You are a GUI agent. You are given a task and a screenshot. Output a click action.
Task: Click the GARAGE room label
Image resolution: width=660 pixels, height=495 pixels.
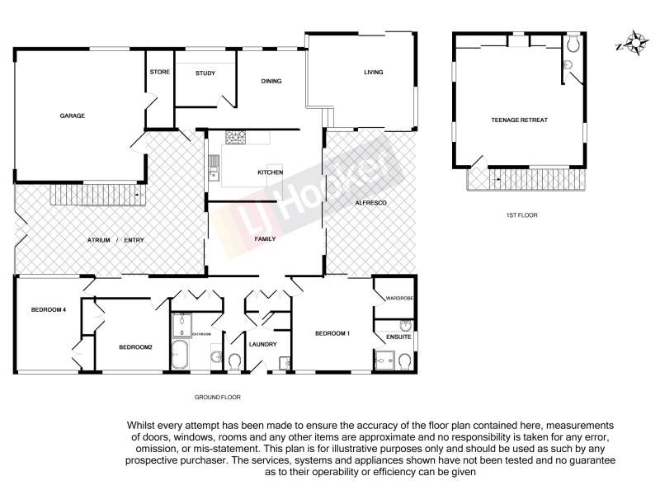coord(73,115)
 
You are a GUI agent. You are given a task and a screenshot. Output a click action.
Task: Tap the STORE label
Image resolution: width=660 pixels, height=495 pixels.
coord(160,73)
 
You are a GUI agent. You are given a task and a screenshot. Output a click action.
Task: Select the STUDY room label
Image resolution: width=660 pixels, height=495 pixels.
coord(205,74)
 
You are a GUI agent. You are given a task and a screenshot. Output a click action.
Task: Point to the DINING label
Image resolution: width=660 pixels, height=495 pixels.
coord(271,81)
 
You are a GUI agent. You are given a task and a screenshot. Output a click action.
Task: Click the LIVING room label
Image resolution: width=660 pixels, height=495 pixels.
coord(374,73)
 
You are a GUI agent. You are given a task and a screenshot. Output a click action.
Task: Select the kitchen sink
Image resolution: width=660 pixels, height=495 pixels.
coord(214,167)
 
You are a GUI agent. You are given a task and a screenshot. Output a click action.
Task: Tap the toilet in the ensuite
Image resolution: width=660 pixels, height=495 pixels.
coord(404,360)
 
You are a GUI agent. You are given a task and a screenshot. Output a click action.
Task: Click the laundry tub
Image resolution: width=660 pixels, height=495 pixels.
coord(284,361)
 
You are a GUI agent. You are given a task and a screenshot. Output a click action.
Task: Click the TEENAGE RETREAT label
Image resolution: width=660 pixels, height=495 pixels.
coord(520,120)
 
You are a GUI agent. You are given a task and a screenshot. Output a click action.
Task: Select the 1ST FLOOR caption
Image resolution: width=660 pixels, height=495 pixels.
coord(522,215)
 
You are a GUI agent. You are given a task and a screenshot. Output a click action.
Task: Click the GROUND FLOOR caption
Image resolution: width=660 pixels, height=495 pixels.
coord(217,397)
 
